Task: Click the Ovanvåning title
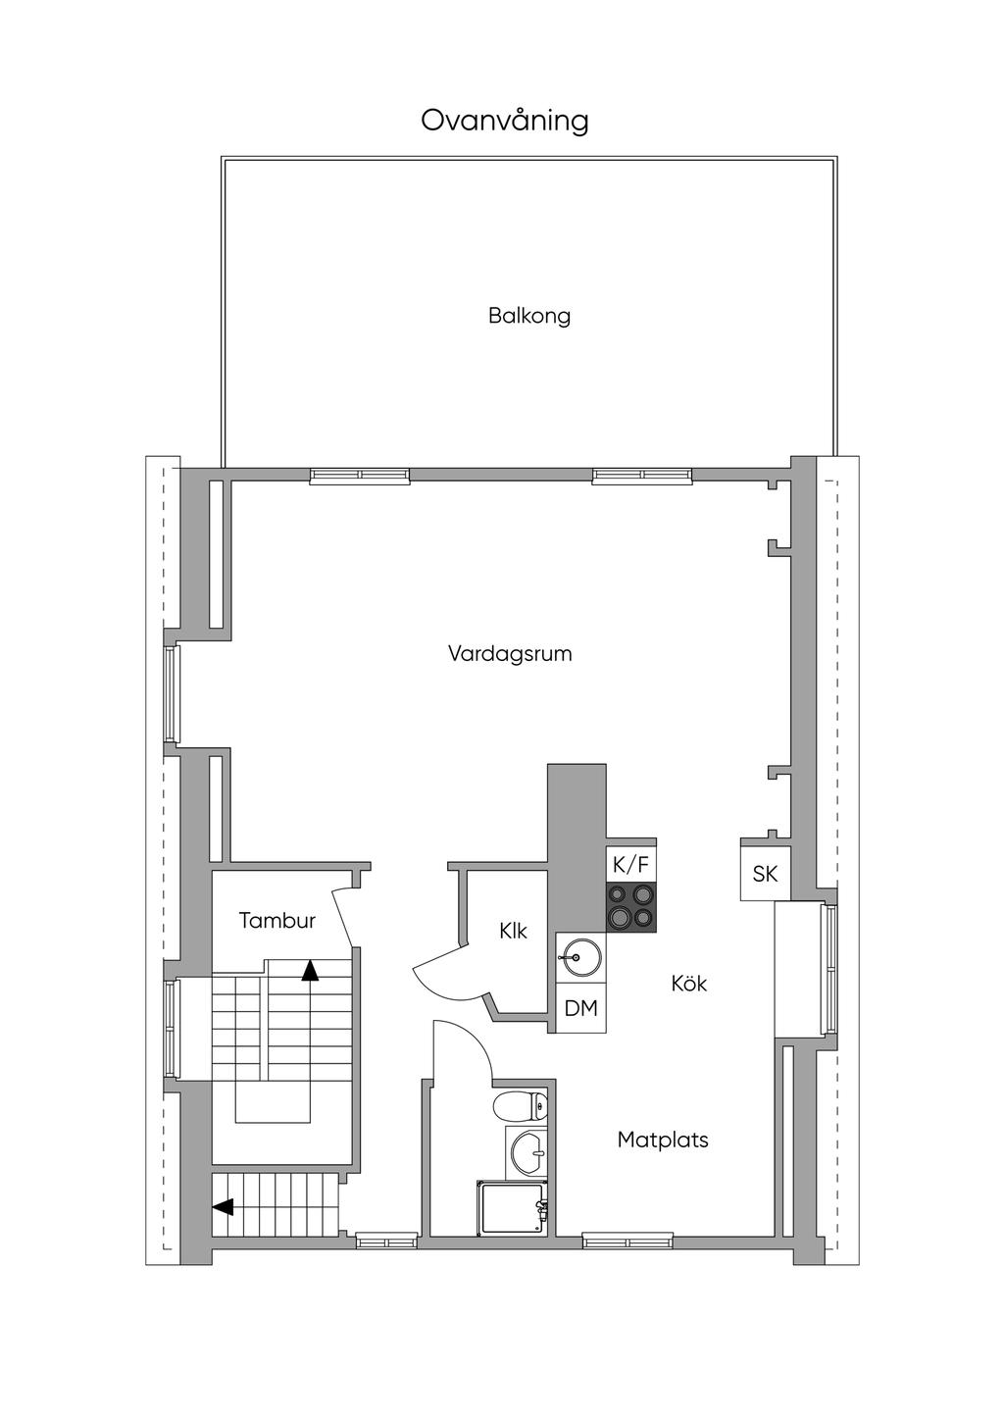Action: [505, 121]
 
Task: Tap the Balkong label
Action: [529, 316]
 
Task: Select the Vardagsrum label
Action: [510, 653]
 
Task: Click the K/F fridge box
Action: [630, 864]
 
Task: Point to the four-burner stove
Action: [630, 907]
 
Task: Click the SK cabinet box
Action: [765, 873]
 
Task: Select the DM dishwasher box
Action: [581, 1008]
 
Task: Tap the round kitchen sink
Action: [582, 956]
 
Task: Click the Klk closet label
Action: [513, 931]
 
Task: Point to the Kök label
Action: [689, 983]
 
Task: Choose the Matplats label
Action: [663, 1140]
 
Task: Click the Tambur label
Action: [277, 921]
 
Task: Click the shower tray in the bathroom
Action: [511, 1208]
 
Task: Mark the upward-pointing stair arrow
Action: [310, 971]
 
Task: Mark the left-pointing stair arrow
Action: [224, 1207]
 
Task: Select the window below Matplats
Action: [627, 1241]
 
